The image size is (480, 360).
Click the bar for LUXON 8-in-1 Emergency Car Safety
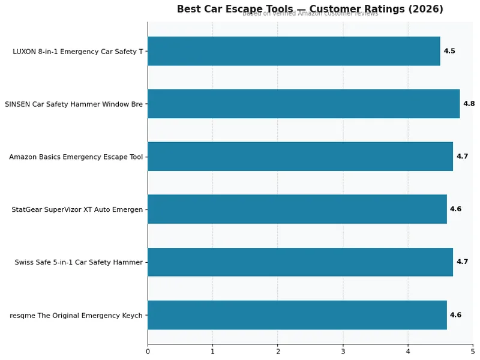[294, 51]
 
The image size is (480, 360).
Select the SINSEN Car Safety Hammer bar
[304, 104]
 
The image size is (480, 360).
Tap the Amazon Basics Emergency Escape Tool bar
[300, 157]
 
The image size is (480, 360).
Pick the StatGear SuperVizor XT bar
[297, 209]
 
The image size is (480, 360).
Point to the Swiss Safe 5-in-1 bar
[300, 262]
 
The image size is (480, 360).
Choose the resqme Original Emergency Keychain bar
[297, 315]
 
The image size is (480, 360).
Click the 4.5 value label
[449, 52]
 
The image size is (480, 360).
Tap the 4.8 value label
[469, 104]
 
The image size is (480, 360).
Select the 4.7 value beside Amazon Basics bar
[462, 157]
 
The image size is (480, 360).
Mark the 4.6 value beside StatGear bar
[455, 209]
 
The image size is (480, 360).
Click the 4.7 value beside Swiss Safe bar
[462, 262]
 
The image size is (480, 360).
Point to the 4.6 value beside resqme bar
[455, 315]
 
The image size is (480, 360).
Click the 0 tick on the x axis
[148, 351]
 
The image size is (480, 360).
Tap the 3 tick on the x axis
[343, 351]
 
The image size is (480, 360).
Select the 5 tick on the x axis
[472, 351]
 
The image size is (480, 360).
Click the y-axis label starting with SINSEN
[74, 104]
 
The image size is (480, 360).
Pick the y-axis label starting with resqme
[76, 315]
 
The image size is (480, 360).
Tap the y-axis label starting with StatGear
[77, 209]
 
